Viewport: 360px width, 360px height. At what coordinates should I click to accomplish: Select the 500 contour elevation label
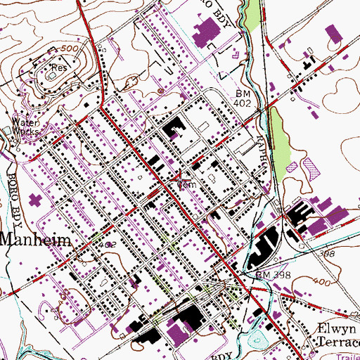pos(70,46)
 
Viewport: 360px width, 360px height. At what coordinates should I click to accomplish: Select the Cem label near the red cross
pos(185,185)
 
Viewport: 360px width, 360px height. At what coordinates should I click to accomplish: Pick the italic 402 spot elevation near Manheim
pos(108,244)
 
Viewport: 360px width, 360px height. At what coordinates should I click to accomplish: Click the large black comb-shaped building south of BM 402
pos(172,131)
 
